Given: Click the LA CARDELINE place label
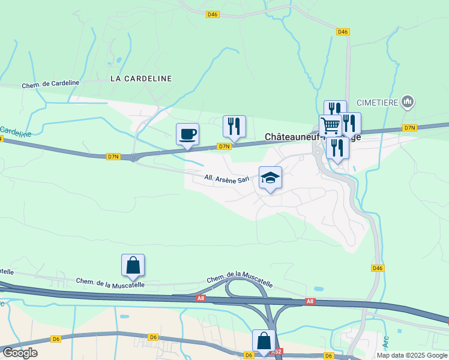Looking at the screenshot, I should [x=141, y=79].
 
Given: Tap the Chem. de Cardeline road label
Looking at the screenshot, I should [x=50, y=85].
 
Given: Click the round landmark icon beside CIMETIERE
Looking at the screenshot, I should [x=408, y=102].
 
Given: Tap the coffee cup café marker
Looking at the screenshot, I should [x=187, y=134].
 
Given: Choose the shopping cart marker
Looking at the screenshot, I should [x=330, y=125].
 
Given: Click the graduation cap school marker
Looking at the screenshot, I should [x=270, y=178].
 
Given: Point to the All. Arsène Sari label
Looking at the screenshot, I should [x=227, y=178].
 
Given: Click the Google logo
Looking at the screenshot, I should [x=20, y=353].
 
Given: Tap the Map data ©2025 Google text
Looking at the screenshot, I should [x=412, y=355].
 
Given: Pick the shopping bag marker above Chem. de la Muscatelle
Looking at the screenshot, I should [x=133, y=265].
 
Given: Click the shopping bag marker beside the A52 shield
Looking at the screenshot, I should [x=264, y=341].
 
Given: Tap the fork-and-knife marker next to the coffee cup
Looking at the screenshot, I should [x=234, y=126].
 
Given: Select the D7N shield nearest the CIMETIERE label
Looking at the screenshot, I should [x=409, y=128].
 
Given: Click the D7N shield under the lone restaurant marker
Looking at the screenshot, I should [x=224, y=146].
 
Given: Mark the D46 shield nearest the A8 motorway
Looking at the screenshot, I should [x=377, y=268].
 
